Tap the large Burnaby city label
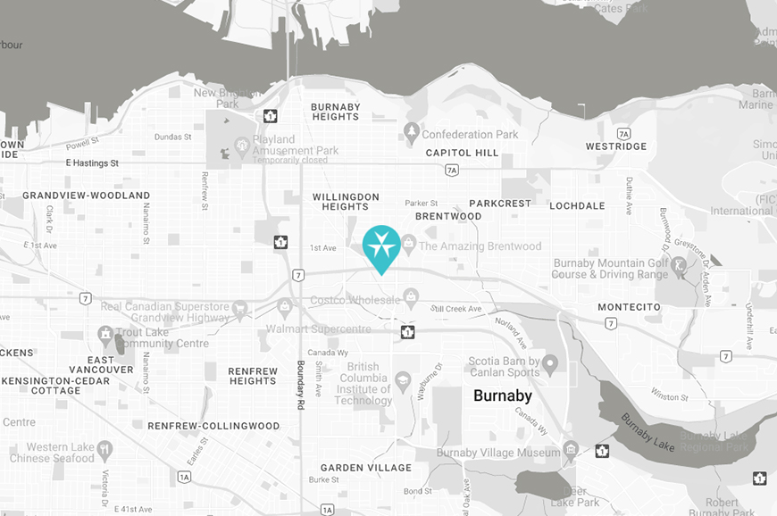502,395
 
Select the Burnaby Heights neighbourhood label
335,112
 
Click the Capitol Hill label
462,153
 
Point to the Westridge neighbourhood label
616,146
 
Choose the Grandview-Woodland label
86,196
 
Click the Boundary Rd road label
301,385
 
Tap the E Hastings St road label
93,163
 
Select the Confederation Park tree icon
411,134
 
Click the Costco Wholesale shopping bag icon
411,295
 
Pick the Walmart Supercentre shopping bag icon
284,307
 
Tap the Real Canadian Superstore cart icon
239,309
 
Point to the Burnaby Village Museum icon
571,450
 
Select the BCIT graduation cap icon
403,379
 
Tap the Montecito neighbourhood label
629,307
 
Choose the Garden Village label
366,468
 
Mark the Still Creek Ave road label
455,309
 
